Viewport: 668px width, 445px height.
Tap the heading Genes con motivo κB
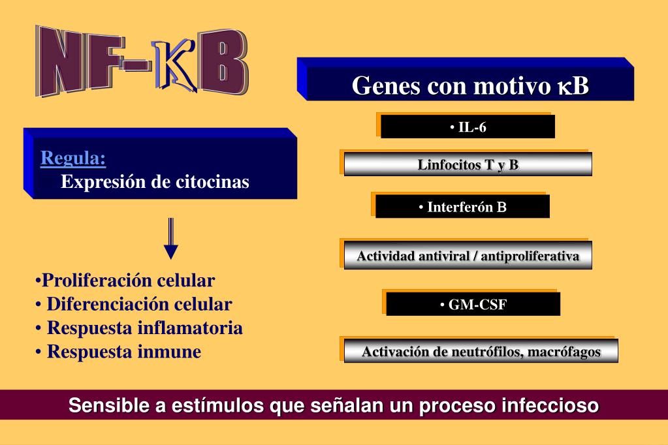[470, 85]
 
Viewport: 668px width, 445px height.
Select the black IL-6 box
[468, 127]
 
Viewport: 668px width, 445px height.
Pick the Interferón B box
[462, 207]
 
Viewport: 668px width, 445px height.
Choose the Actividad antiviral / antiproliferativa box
[468, 256]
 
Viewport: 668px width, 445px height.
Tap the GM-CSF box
[473, 304]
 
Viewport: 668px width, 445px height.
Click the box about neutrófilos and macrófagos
[481, 352]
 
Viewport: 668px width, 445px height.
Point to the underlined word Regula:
[73, 159]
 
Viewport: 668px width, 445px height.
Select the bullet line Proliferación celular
[126, 281]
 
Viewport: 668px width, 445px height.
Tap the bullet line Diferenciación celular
[135, 305]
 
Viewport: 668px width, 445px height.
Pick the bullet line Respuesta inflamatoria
[140, 328]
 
